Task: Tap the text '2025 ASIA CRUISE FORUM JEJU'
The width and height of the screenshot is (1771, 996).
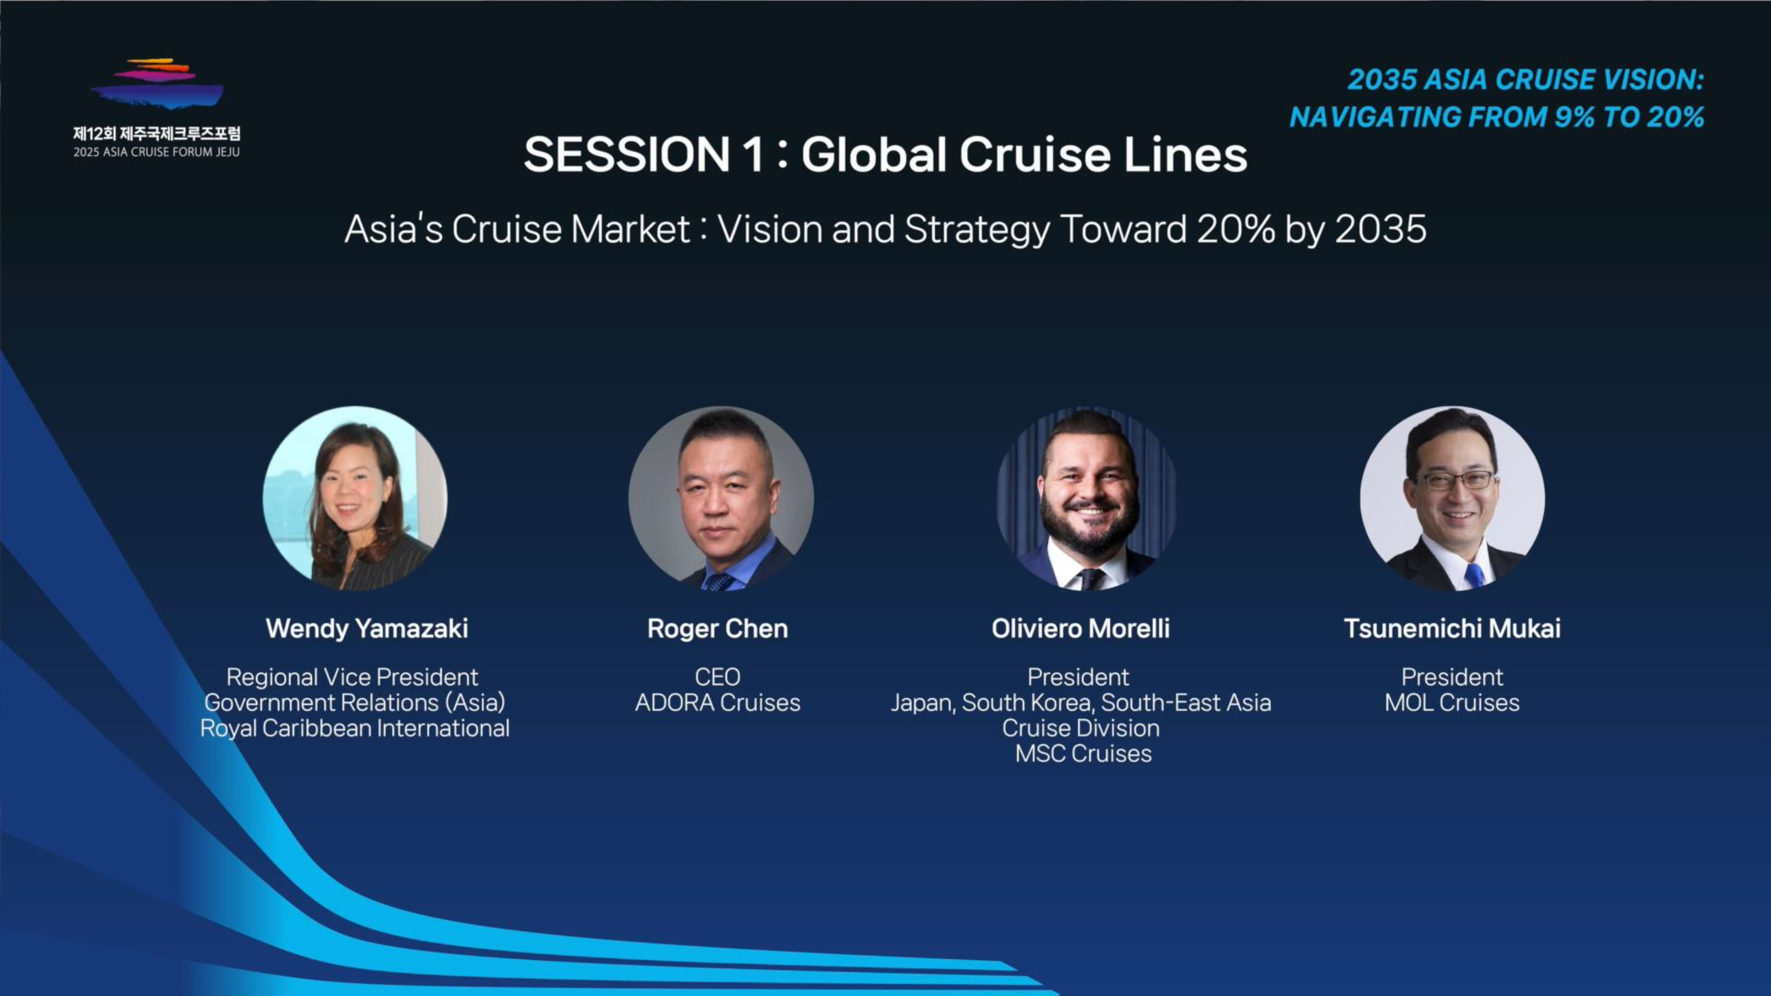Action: [157, 152]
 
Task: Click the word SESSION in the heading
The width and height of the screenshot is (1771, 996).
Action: [626, 154]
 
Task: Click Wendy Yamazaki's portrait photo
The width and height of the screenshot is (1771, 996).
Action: [355, 498]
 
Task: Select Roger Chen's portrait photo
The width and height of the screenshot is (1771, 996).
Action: [721, 498]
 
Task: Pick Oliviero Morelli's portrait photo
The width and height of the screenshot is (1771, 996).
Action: [1086, 498]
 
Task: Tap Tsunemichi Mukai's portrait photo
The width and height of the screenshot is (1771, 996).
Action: [1453, 498]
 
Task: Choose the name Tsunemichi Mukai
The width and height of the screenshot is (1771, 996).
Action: [1453, 628]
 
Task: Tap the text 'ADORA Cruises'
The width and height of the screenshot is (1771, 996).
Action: [718, 703]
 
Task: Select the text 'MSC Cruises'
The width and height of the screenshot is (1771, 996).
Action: [1083, 753]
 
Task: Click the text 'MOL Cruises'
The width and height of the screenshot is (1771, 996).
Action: [1452, 703]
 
